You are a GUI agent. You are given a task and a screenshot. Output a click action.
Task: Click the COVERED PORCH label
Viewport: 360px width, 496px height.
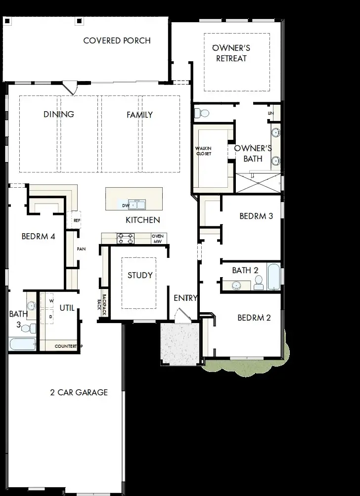coord(117,41)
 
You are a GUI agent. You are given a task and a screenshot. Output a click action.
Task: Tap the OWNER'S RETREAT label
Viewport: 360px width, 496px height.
coord(230,53)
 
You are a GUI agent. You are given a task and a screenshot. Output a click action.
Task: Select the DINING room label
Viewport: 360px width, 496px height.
coord(59,114)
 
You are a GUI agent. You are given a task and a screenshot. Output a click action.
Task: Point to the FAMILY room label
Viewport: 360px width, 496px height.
coord(139,115)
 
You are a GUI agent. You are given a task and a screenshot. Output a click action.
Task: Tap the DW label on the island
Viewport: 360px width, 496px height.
coord(125,205)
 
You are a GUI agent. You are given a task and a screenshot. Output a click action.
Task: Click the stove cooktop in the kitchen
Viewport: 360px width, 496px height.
coord(125,239)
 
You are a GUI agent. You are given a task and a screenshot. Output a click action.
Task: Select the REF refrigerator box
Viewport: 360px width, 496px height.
coord(77,220)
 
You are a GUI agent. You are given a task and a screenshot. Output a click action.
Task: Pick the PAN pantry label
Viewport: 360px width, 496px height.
coord(81,249)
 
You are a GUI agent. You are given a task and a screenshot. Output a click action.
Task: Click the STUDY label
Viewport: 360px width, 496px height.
coord(140,275)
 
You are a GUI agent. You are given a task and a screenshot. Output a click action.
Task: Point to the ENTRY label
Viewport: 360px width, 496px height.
coord(185,298)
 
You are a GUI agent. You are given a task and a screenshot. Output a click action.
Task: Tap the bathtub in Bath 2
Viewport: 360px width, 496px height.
coord(273,277)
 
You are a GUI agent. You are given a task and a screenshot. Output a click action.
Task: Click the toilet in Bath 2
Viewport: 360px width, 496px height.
coord(258,283)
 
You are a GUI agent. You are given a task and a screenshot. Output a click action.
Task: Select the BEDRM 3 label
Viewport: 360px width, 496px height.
coord(256,216)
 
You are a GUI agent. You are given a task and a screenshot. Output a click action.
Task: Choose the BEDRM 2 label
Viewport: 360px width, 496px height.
coord(254,318)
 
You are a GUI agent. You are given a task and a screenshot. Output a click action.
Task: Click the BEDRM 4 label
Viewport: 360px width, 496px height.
coord(38,236)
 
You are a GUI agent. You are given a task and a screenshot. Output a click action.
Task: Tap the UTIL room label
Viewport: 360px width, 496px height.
coord(67,308)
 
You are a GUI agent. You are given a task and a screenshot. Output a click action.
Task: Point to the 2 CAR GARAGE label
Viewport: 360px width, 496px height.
coord(79,393)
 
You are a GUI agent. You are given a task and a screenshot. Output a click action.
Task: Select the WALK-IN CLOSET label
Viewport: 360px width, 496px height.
coord(203,151)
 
